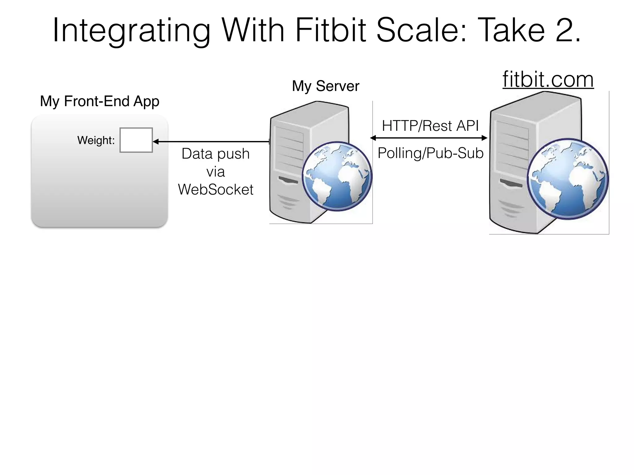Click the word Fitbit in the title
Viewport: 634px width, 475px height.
(x=331, y=30)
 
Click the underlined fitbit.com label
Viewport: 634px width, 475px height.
(x=548, y=79)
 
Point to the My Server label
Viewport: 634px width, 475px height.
(x=326, y=86)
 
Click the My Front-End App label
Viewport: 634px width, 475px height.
(x=100, y=101)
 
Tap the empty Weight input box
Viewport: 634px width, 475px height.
(x=136, y=140)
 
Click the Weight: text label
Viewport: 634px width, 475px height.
(x=96, y=140)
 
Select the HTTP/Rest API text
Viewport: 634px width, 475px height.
(x=430, y=126)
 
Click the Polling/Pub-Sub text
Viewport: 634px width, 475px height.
(x=430, y=153)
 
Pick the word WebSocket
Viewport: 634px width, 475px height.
(x=215, y=189)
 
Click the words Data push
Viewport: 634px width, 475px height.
(x=215, y=154)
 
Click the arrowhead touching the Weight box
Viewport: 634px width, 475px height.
(x=156, y=142)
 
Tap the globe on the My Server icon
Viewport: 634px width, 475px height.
(x=337, y=176)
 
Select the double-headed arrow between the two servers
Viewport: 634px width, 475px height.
(x=429, y=138)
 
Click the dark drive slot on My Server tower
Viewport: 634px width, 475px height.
(x=288, y=180)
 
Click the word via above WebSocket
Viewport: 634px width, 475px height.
(x=215, y=172)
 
